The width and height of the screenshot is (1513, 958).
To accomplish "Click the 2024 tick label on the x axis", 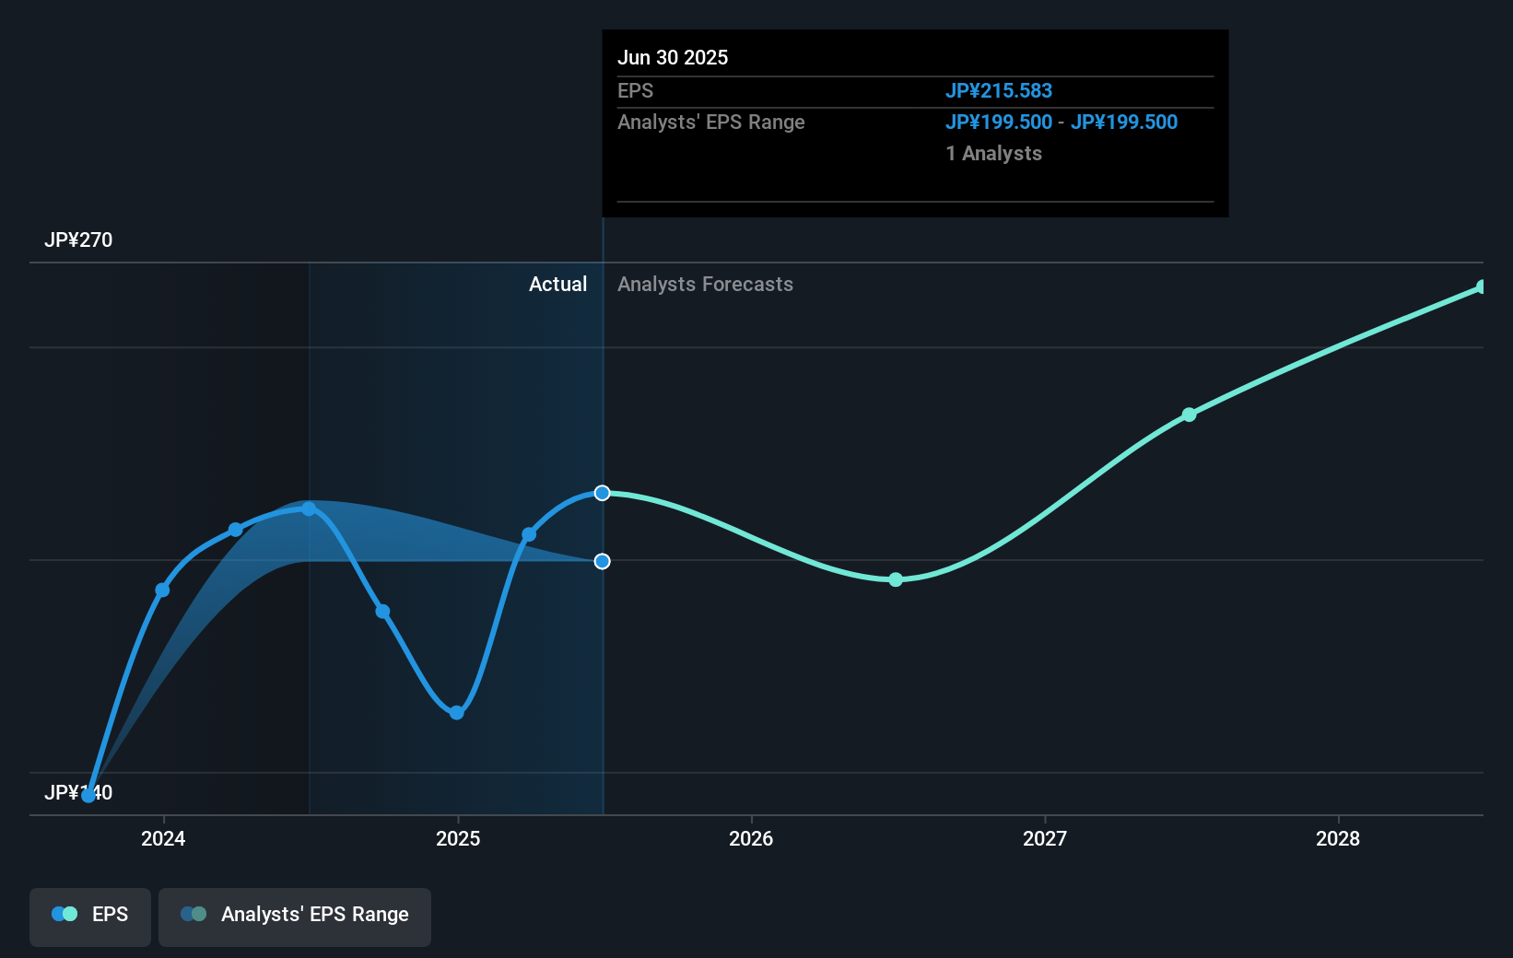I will pos(163,838).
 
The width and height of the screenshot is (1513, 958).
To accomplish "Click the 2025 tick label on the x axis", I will pos(458,838).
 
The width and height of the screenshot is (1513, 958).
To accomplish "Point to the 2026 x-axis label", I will pos(751,838).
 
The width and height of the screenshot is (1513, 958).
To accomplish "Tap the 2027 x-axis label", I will pos(1045,838).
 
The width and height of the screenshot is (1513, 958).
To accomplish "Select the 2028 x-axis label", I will pos(1338,838).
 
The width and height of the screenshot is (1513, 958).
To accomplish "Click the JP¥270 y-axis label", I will pos(78,240).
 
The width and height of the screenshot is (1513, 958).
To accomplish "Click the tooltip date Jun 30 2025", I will pos(673,58).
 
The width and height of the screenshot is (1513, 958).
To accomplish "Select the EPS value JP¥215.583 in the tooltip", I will pos(998,91).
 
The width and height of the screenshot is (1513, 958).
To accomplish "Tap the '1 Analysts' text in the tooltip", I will pos(993,154).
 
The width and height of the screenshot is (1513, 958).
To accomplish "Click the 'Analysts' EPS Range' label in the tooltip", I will pos(710,123).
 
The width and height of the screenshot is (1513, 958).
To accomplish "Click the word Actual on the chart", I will pos(557,285).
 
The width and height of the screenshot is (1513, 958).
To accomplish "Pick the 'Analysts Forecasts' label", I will pos(705,285).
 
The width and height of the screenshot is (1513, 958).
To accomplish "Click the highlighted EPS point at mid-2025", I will pos(602,493).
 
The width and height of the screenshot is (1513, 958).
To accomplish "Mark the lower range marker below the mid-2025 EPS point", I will pos(602,561).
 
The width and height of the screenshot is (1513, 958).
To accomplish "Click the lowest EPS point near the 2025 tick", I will pos(456,713).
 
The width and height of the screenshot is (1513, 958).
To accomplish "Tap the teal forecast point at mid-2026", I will pos(896,579).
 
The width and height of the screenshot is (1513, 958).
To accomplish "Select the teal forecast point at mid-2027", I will pos(1190,415).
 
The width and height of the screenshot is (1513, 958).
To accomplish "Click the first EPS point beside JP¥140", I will pos(88,796).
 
